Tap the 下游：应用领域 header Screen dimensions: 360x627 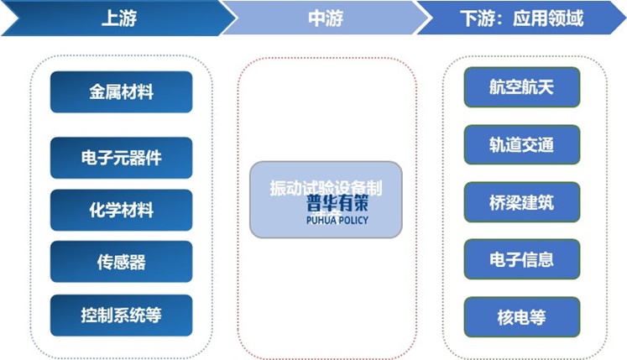[521, 18]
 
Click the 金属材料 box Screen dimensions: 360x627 [121, 92]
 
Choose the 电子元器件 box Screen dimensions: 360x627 [121, 158]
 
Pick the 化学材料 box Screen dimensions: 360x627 [121, 210]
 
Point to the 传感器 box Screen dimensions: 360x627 [121, 262]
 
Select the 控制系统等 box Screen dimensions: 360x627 [121, 316]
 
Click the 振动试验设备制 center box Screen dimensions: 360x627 [326, 190]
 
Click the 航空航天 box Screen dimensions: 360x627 [521, 87]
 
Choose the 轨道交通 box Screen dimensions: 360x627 [521, 144]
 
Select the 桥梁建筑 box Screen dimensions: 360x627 [521, 201]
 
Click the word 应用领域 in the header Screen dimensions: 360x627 [551, 18]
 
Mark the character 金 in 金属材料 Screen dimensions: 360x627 [97, 92]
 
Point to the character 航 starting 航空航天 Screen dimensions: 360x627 [497, 87]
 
